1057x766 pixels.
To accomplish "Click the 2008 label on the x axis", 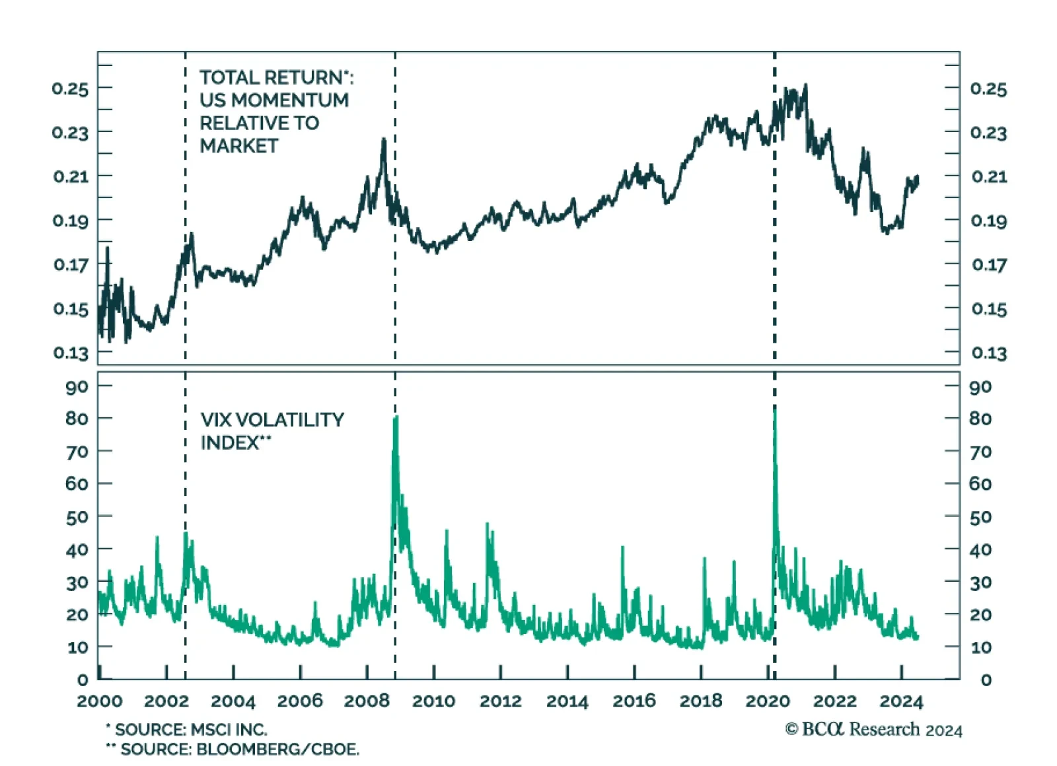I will click(x=367, y=701).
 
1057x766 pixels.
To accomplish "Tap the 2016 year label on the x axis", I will click(x=634, y=701).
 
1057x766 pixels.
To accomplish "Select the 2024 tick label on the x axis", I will click(x=901, y=701).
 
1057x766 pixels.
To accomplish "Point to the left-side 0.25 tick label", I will click(x=70, y=88).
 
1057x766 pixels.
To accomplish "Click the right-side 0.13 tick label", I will click(x=989, y=353).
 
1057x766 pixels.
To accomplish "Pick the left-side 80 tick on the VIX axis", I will click(x=77, y=419).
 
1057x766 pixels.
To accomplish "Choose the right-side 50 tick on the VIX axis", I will click(x=980, y=517).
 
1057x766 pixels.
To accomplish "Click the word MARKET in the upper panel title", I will click(x=239, y=146).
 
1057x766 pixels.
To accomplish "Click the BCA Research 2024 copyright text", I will click(x=873, y=729).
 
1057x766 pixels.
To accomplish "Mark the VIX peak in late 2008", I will click(x=396, y=417).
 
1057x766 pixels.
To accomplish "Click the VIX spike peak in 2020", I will click(x=775, y=409).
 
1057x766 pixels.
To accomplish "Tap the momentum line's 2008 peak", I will click(x=383, y=139).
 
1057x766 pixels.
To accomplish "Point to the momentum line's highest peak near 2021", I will click(x=805, y=85).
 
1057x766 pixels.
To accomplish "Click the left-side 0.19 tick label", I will click(x=70, y=221).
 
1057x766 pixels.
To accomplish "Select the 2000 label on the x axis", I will click(x=100, y=701).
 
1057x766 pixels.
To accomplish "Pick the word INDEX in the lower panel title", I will click(x=230, y=443).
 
